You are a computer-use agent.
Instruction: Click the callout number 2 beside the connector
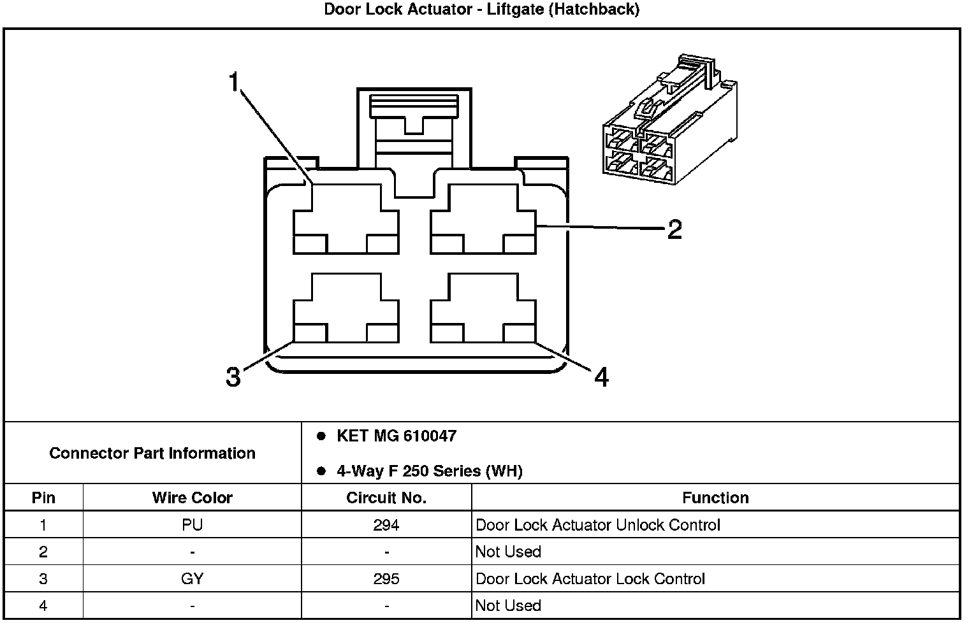tap(674, 229)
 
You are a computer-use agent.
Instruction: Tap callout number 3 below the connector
tap(233, 376)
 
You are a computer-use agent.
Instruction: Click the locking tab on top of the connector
tap(414, 121)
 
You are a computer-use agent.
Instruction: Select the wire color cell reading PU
tap(192, 525)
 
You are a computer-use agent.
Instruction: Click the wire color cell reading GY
tap(192, 578)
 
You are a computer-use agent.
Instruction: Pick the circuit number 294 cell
tap(386, 525)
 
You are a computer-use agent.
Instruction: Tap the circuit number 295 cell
tap(386, 578)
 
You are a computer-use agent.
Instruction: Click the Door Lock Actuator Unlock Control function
tap(598, 525)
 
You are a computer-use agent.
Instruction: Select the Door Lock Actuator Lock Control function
tap(590, 578)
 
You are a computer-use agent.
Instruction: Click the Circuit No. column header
tap(386, 498)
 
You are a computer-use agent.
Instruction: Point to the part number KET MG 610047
tap(396, 436)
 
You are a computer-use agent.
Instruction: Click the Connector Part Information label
tap(152, 453)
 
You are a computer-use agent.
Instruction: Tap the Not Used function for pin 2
tap(508, 552)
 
